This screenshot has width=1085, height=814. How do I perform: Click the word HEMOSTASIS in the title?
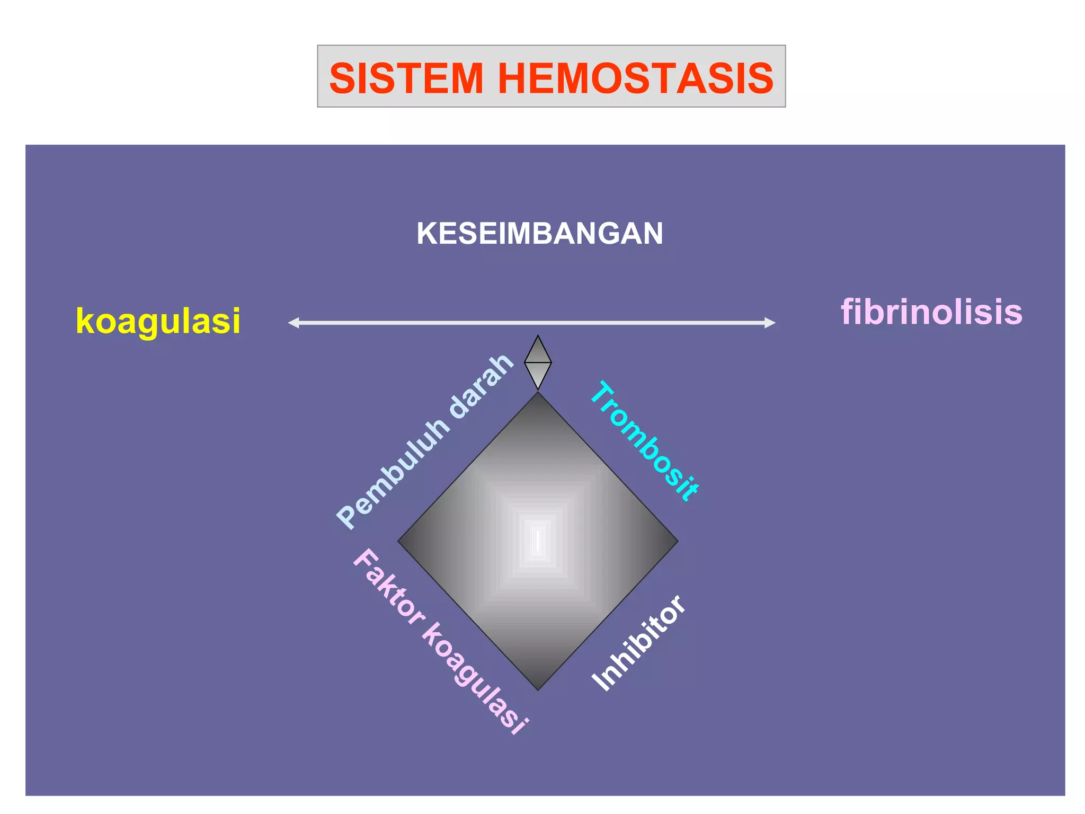[635, 78]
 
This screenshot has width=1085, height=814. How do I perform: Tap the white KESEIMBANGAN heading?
[539, 234]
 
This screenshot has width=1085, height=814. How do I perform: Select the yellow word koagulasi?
[158, 321]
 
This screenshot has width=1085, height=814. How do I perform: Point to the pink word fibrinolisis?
[931, 312]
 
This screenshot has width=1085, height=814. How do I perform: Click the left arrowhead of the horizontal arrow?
[293, 323]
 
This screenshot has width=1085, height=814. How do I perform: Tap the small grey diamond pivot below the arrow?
[538, 362]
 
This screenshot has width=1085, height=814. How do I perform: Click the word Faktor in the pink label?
[389, 588]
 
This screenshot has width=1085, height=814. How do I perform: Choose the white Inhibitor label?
[639, 643]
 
